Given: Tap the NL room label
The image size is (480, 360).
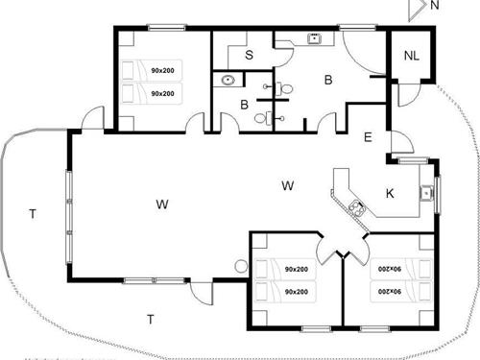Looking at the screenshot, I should pos(411,55).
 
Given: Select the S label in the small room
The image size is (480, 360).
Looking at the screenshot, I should pos(249,56).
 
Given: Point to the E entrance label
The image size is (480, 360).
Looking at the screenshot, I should pos(368,137).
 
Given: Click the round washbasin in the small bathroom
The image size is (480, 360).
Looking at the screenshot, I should pos(228,81).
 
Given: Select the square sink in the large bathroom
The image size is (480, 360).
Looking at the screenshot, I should pos(314,39).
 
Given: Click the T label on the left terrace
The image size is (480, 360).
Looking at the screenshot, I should pos(32,213).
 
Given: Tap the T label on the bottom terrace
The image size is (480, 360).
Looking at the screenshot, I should pos(150,317).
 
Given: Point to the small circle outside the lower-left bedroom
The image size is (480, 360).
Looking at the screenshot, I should pos(240,267).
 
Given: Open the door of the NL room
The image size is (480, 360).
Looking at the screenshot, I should pos(406,96).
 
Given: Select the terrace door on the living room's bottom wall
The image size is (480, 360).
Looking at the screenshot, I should pos(200,290).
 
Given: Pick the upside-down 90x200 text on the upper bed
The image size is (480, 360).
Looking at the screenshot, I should pos(386,270).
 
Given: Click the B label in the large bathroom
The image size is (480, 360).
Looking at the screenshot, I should pos(327,81).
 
